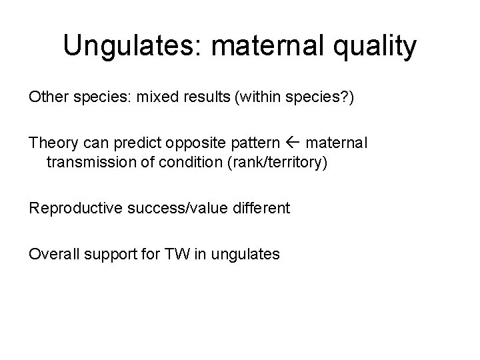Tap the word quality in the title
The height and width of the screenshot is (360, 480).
(x=375, y=46)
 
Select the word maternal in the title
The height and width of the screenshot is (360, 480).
(x=267, y=45)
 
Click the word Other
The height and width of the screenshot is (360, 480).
(x=49, y=97)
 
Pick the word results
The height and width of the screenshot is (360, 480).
(x=207, y=97)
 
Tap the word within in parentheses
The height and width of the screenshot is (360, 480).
(x=259, y=97)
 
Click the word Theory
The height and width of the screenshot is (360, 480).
(x=53, y=143)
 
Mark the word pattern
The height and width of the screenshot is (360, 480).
(x=255, y=143)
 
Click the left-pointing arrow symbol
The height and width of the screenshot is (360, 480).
(x=293, y=142)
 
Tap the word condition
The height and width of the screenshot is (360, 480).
(x=191, y=162)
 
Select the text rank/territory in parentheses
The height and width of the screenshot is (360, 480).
(x=278, y=163)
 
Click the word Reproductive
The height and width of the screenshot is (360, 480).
(x=75, y=208)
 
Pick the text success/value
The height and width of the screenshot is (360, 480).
(x=177, y=208)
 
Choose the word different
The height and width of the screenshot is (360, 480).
(x=261, y=208)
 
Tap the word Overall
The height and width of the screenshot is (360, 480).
(x=54, y=254)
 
